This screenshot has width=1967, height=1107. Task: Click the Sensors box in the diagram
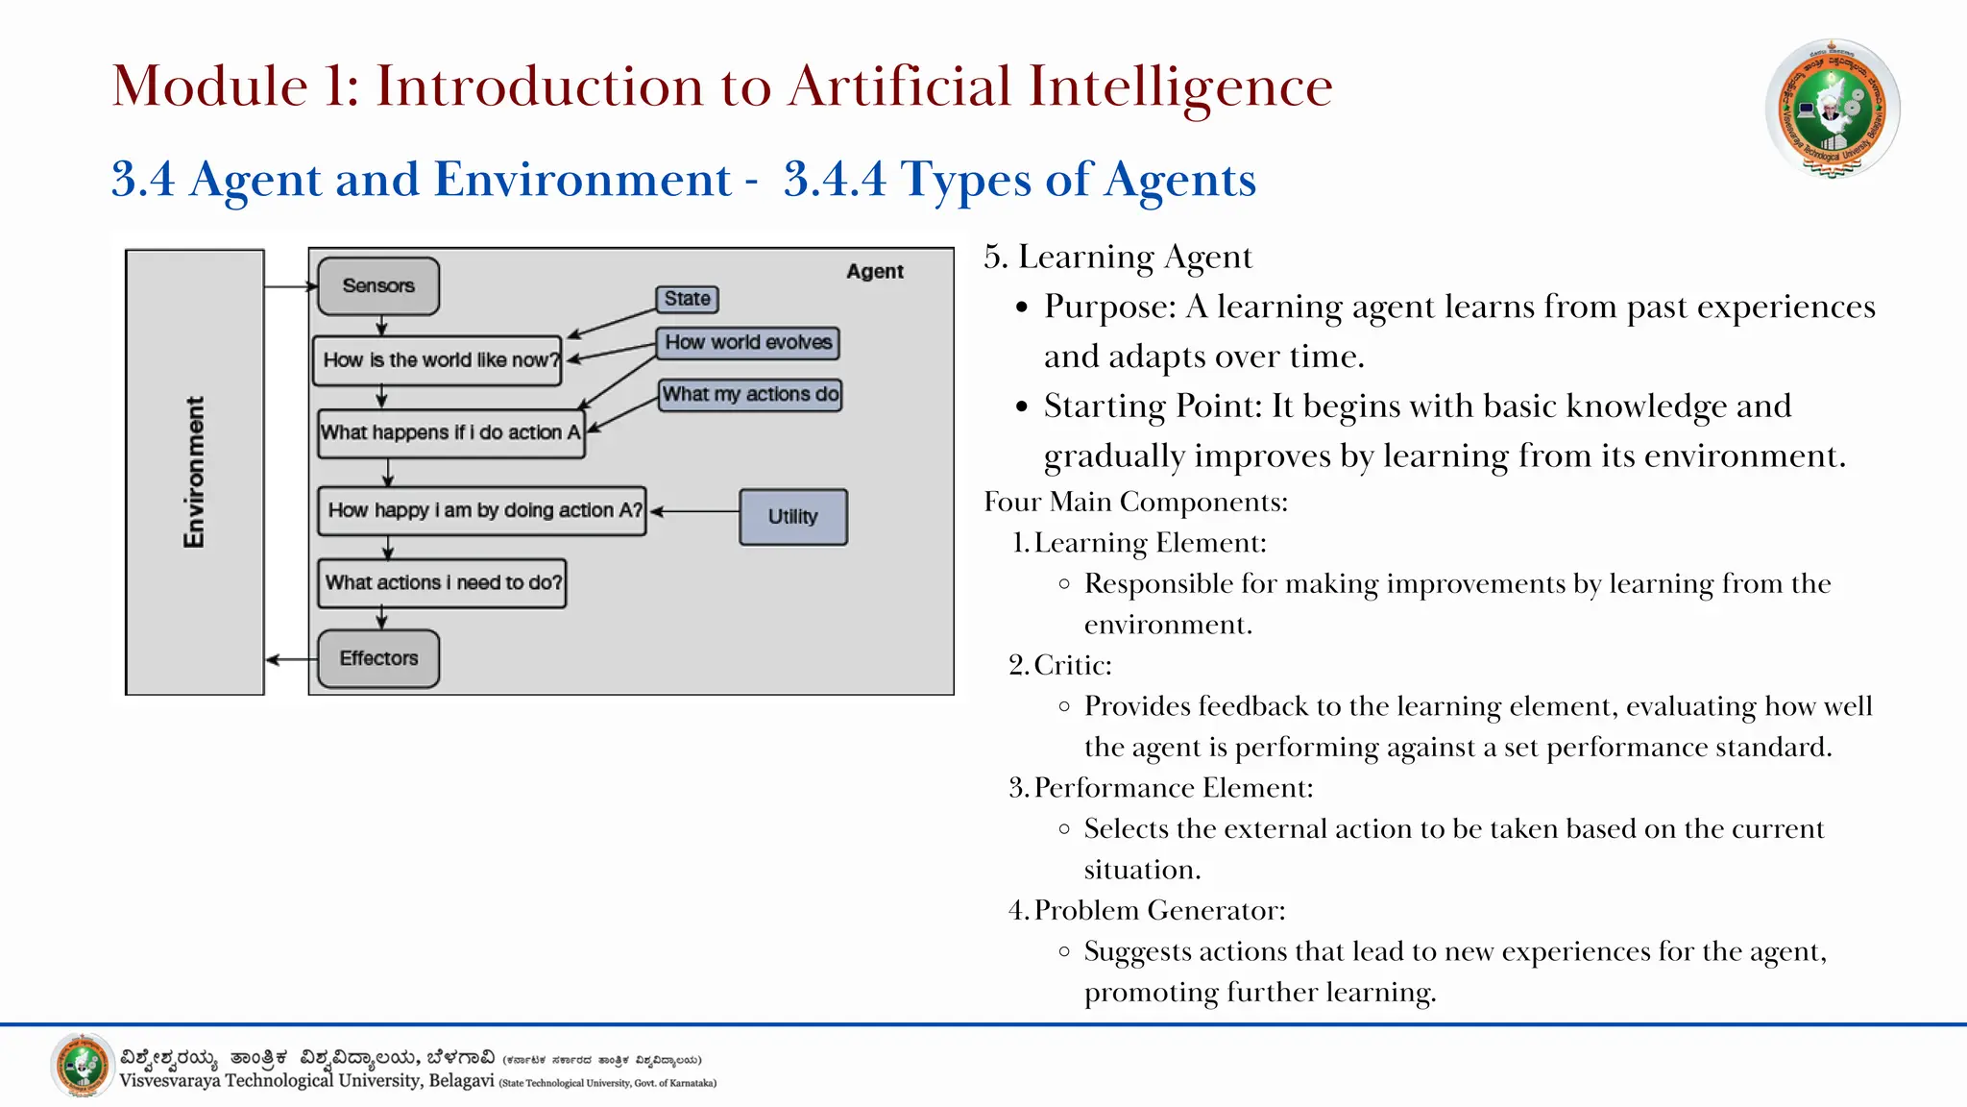[378, 286]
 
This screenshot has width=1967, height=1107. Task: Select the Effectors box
[378, 659]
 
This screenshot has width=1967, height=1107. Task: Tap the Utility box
[793, 517]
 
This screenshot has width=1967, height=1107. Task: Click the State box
[687, 299]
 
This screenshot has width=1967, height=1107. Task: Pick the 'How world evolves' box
[748, 343]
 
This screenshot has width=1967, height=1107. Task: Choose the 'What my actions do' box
[750, 395]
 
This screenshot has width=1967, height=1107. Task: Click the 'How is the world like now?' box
[438, 360]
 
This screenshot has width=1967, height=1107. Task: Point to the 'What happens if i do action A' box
[451, 433]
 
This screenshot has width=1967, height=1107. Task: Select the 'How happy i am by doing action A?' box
[482, 510]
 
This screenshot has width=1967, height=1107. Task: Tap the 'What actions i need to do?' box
[442, 583]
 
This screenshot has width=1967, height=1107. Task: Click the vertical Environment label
[194, 472]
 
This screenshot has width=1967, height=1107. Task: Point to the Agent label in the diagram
[874, 272]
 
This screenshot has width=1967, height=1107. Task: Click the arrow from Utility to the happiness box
[695, 511]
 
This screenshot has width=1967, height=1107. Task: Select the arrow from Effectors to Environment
[290, 659]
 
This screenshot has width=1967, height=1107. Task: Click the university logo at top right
[1832, 108]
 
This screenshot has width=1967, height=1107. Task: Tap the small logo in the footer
[83, 1065]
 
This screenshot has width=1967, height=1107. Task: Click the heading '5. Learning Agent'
[1118, 257]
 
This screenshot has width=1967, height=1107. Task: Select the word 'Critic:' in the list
[1073, 665]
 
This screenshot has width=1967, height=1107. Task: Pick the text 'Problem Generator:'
[1159, 910]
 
